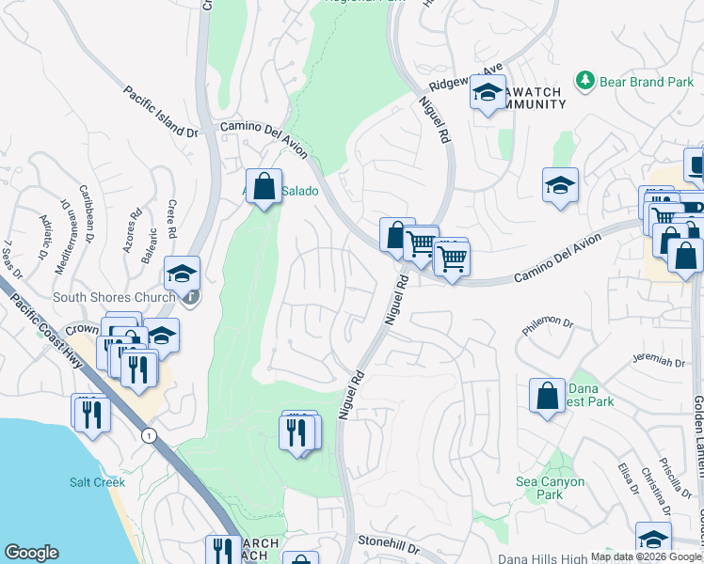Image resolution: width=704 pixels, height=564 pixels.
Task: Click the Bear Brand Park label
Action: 648,82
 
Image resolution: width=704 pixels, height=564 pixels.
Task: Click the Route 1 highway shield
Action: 148,435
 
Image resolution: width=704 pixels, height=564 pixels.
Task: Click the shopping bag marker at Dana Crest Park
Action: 547,396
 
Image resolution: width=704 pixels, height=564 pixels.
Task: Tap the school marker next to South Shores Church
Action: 182,274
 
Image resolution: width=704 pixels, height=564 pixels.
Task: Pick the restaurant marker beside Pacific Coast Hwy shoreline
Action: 91,413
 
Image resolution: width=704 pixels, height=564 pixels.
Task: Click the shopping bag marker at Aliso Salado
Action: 264,186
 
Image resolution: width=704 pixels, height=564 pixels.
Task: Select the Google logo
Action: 31,553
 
